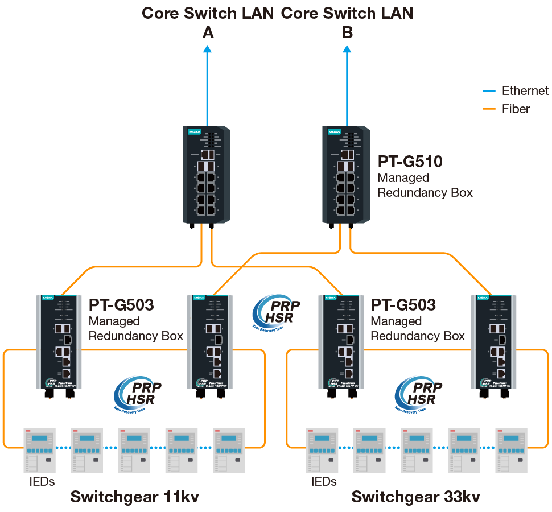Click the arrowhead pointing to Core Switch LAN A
coord(207,49)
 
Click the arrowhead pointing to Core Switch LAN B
coord(347,49)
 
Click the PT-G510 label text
coord(410,162)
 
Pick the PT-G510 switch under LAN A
coord(207,175)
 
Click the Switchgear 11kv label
coord(135,497)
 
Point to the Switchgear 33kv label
coord(415,497)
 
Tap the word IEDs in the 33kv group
coord(324,482)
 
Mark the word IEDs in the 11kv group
coord(42,482)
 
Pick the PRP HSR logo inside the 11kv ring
coord(137,393)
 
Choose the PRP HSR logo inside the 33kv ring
coord(418,393)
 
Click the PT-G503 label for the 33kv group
coord(403,305)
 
